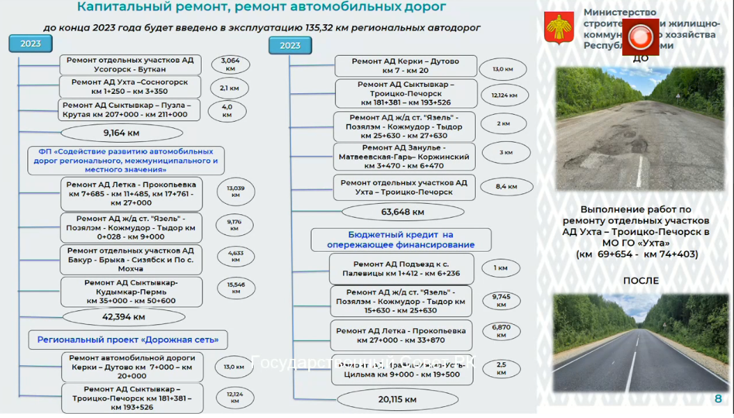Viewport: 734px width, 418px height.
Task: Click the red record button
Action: coord(640,35)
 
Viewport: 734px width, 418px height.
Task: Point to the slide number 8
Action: coord(718,399)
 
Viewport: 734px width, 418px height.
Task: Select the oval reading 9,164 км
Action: coord(122,133)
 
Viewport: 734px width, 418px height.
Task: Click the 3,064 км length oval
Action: coord(230,65)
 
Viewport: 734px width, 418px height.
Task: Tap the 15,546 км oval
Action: coord(235,287)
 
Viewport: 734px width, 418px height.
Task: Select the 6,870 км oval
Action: coord(502,330)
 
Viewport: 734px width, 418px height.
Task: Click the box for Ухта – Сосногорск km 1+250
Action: coord(129,87)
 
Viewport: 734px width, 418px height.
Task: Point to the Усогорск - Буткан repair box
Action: coord(130,65)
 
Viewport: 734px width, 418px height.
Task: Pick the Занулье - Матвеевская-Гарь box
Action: coord(404,156)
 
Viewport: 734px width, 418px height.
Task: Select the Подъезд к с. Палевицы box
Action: coord(401,268)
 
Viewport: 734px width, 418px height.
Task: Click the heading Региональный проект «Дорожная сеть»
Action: coord(128,339)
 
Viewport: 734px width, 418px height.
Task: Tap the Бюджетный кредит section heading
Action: coord(400,239)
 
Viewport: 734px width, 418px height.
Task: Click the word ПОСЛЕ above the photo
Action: coord(641,281)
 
